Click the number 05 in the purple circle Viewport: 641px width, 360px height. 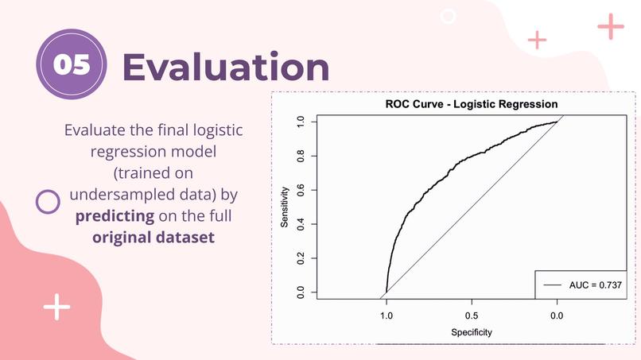72,65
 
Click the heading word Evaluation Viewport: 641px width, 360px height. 226,67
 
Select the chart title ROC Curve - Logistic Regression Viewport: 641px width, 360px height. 471,104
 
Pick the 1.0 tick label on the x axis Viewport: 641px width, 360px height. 387,315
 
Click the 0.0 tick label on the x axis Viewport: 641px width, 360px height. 557,315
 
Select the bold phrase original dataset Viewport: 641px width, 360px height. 153,237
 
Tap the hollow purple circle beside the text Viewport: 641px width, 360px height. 49,202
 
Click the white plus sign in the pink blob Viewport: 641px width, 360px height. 56,306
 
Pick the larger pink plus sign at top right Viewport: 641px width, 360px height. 611,26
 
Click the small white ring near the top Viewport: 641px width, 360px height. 448,16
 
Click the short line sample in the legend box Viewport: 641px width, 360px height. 553,284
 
